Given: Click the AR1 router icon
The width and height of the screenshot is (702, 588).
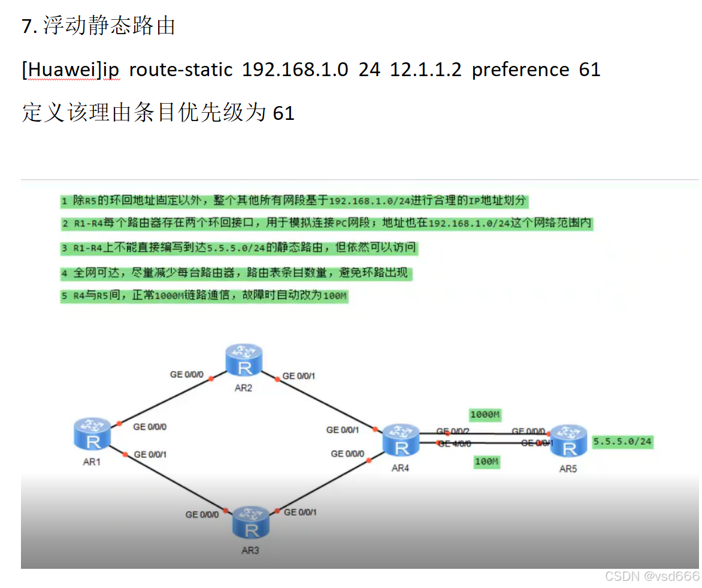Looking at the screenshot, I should pyautogui.click(x=93, y=433).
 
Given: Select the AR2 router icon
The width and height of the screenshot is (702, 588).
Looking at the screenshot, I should pyautogui.click(x=244, y=360).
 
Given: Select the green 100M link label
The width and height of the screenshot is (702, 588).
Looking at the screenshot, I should pyautogui.click(x=486, y=462).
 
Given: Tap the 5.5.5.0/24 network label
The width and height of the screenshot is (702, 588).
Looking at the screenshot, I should pyautogui.click(x=622, y=442).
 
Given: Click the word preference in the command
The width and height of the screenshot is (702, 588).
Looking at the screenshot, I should pyautogui.click(x=521, y=70).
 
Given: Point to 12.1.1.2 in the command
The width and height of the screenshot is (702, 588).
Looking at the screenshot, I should pyautogui.click(x=425, y=70).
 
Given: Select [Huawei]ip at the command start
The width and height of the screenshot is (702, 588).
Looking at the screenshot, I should pyautogui.click(x=71, y=70).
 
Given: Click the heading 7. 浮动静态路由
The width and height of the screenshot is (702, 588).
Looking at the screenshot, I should pyautogui.click(x=98, y=26).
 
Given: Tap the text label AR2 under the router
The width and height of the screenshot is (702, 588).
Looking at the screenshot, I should pyautogui.click(x=243, y=388).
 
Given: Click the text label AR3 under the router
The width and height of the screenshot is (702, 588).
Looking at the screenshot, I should pyautogui.click(x=250, y=550).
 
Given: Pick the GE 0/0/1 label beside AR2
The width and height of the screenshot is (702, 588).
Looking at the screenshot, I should pyautogui.click(x=299, y=376).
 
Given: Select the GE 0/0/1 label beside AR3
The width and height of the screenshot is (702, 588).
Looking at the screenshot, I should pyautogui.click(x=301, y=512).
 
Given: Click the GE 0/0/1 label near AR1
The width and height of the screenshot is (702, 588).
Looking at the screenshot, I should pyautogui.click(x=150, y=454).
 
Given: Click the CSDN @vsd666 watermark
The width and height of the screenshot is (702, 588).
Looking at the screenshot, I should pyautogui.click(x=652, y=576).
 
